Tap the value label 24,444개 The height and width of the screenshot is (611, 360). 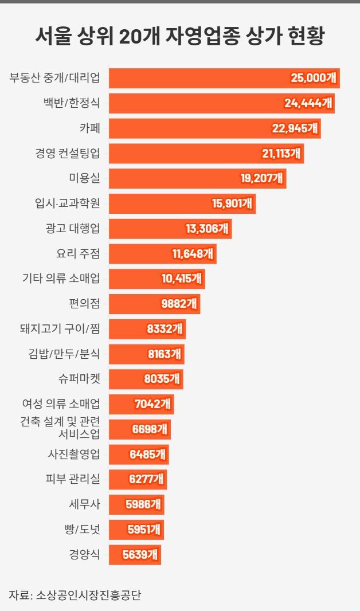point(308,103)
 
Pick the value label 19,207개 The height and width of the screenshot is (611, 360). point(261,178)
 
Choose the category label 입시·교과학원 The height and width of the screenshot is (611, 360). point(67,203)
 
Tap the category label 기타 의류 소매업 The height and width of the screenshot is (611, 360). point(60,279)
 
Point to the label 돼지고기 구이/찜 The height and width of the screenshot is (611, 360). point(60,329)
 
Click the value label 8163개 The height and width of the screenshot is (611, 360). point(165,354)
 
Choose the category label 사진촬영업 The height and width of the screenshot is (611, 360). point(74,455)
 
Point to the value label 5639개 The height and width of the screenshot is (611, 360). point(141,555)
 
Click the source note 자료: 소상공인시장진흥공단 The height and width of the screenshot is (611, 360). point(75,595)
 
